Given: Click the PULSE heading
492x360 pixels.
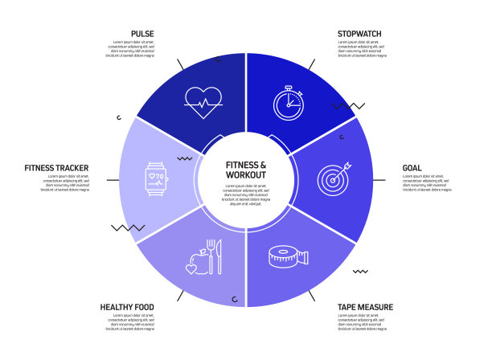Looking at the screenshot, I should [x=142, y=34].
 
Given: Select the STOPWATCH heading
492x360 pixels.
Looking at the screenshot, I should [x=359, y=34].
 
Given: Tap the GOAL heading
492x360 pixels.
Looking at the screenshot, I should [x=412, y=168].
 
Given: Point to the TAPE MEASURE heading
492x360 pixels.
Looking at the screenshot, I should [x=365, y=307].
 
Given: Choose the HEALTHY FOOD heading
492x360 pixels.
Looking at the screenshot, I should [x=127, y=307].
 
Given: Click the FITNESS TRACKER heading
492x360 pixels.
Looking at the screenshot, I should [x=56, y=168].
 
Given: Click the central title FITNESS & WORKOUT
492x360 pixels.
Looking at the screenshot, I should [x=246, y=169].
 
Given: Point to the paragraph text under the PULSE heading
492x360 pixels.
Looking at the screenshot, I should [x=130, y=50].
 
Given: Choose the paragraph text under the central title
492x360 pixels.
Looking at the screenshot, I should [x=246, y=194].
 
